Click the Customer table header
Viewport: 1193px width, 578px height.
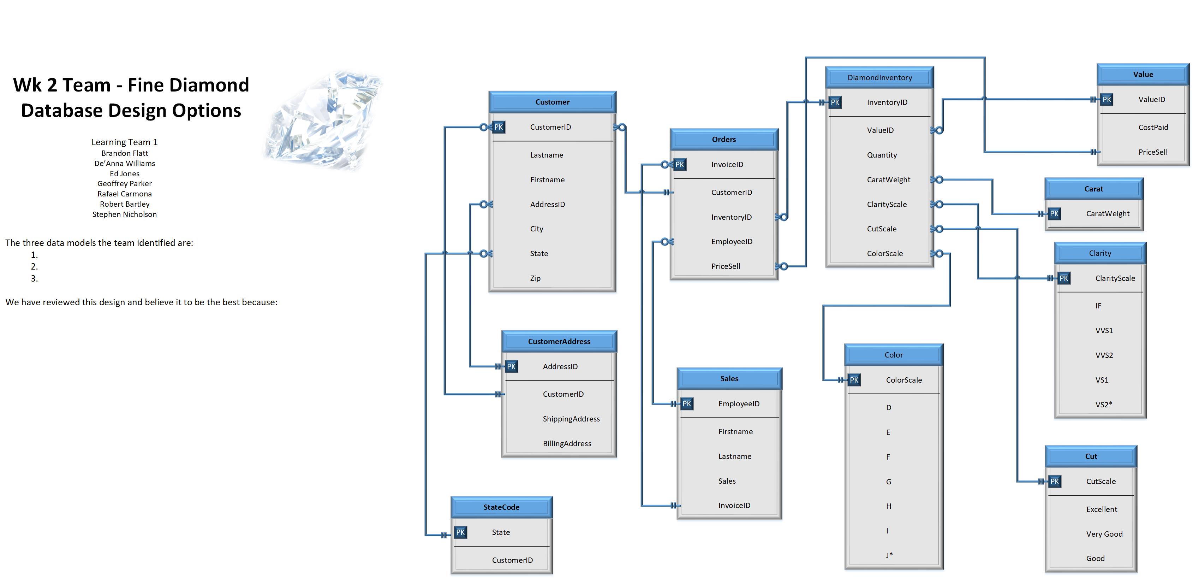(x=552, y=102)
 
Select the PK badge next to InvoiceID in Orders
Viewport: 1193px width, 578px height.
(x=679, y=165)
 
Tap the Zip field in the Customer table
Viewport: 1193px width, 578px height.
(x=535, y=278)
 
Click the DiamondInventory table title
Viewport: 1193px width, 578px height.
(x=879, y=78)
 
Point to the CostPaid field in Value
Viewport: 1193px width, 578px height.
(x=1153, y=128)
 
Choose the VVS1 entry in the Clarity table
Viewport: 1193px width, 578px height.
(x=1104, y=330)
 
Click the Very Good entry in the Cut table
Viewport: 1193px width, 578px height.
(x=1104, y=534)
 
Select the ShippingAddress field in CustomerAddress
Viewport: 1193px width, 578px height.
(x=571, y=419)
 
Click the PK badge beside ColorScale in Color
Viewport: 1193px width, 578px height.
(x=854, y=380)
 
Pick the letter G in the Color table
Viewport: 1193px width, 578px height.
(x=888, y=482)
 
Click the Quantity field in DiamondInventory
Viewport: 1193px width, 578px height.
(x=882, y=155)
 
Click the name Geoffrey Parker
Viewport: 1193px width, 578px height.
(x=125, y=184)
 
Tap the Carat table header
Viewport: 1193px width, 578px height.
(x=1093, y=189)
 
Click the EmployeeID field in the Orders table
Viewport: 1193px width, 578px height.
(x=732, y=242)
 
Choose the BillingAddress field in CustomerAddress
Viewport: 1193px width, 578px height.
(x=567, y=444)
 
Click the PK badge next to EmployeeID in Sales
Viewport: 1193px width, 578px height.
(x=686, y=404)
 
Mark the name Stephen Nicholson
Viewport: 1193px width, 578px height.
(x=125, y=214)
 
